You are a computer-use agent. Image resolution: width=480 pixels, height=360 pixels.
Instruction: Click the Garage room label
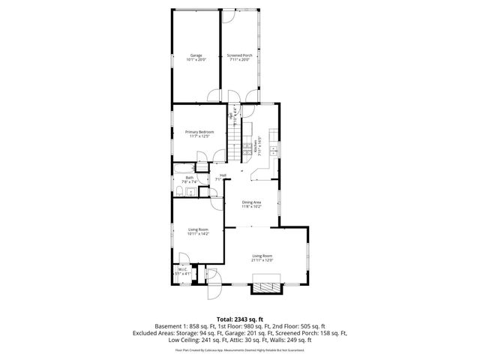pyautogui.click(x=195, y=55)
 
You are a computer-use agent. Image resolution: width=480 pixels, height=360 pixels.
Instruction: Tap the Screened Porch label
pyautogui.click(x=239, y=55)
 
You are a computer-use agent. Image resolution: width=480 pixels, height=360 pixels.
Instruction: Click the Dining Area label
pyautogui.click(x=251, y=202)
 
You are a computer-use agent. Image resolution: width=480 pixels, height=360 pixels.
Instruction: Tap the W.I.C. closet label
pyautogui.click(x=181, y=271)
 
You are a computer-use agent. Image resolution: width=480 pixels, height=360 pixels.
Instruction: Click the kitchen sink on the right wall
pyautogui.click(x=274, y=151)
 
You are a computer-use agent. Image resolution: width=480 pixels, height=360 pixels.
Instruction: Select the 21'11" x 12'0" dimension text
pyautogui.click(x=262, y=260)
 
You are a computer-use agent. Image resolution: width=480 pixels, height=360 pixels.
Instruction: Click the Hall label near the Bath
pyautogui.click(x=223, y=175)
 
